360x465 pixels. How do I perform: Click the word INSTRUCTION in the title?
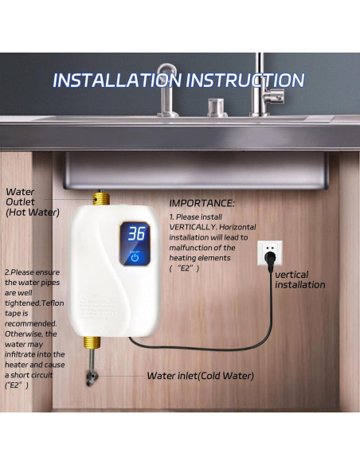245,80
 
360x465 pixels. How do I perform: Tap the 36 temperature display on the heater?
136,234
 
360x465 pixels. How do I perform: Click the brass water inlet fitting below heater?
92,345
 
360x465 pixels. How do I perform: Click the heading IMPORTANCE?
202,204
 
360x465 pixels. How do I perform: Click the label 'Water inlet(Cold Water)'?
201,375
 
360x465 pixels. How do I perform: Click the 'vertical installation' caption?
300,279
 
